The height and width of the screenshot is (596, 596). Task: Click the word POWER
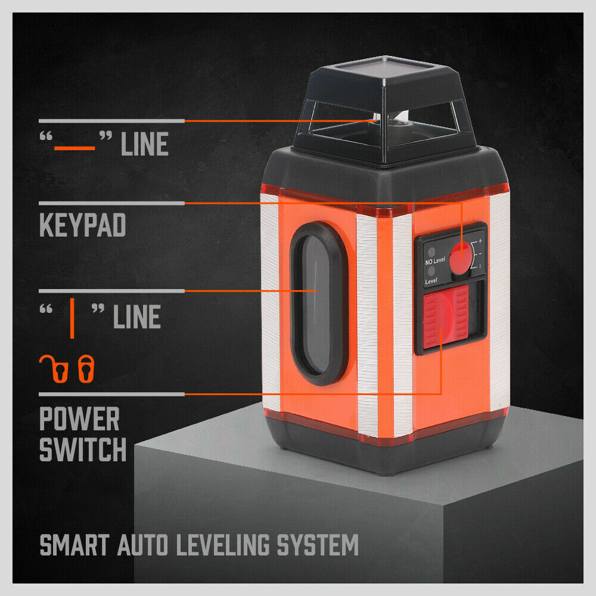coord(79,420)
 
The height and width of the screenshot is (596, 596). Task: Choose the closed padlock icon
coord(87,368)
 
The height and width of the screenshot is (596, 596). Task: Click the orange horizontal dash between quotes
coord(74,146)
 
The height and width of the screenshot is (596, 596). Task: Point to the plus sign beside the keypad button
coord(480,240)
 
